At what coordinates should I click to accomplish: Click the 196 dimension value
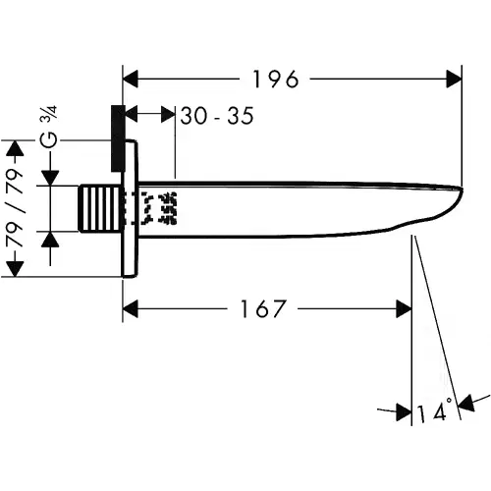276,80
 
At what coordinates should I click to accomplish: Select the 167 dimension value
263,308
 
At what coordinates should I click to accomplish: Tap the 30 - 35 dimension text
217,116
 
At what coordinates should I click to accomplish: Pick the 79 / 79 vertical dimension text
15,208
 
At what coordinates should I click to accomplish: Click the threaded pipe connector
99,208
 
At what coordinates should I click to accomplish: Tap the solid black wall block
118,138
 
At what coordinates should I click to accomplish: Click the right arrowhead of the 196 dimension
454,79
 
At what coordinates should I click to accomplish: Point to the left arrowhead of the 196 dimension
131,79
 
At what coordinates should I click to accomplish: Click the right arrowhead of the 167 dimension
404,308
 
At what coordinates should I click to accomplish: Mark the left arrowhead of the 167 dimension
131,308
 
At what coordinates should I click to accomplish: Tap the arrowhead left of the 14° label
404,412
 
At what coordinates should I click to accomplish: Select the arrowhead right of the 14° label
466,404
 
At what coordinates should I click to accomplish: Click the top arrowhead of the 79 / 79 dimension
15,148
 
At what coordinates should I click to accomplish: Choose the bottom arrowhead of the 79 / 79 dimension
15,269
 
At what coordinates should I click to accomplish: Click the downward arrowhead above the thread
50,178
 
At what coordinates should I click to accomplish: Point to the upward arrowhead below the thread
50,240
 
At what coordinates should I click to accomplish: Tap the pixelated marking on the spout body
159,208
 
